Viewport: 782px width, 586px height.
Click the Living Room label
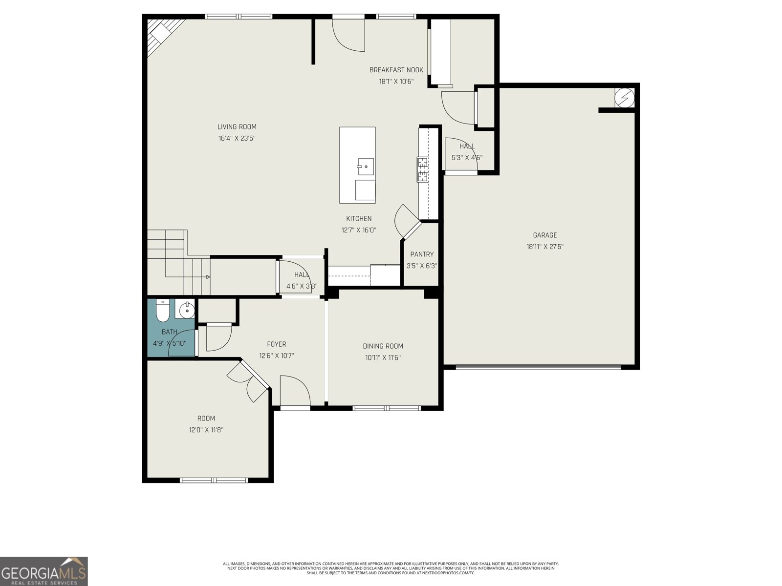point(237,127)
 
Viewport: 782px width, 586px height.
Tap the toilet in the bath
point(162,311)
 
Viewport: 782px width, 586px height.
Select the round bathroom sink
point(186,310)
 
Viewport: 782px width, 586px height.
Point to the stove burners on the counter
point(422,169)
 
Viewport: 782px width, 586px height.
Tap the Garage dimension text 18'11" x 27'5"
point(544,247)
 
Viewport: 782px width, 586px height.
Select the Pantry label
point(421,254)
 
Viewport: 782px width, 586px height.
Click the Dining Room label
point(383,346)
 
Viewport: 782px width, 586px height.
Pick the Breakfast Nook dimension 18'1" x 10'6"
point(396,82)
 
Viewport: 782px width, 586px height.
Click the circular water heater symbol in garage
point(624,98)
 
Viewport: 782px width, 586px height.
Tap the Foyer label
point(276,344)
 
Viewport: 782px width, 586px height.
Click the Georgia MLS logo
point(44,571)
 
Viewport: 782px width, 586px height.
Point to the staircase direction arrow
point(207,277)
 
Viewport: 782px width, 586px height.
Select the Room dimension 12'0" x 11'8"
point(206,430)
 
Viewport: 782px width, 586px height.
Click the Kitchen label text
point(359,219)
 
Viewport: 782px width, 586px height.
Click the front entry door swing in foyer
point(295,391)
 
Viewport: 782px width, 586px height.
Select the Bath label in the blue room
point(169,332)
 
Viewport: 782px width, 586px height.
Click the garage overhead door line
point(538,367)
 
